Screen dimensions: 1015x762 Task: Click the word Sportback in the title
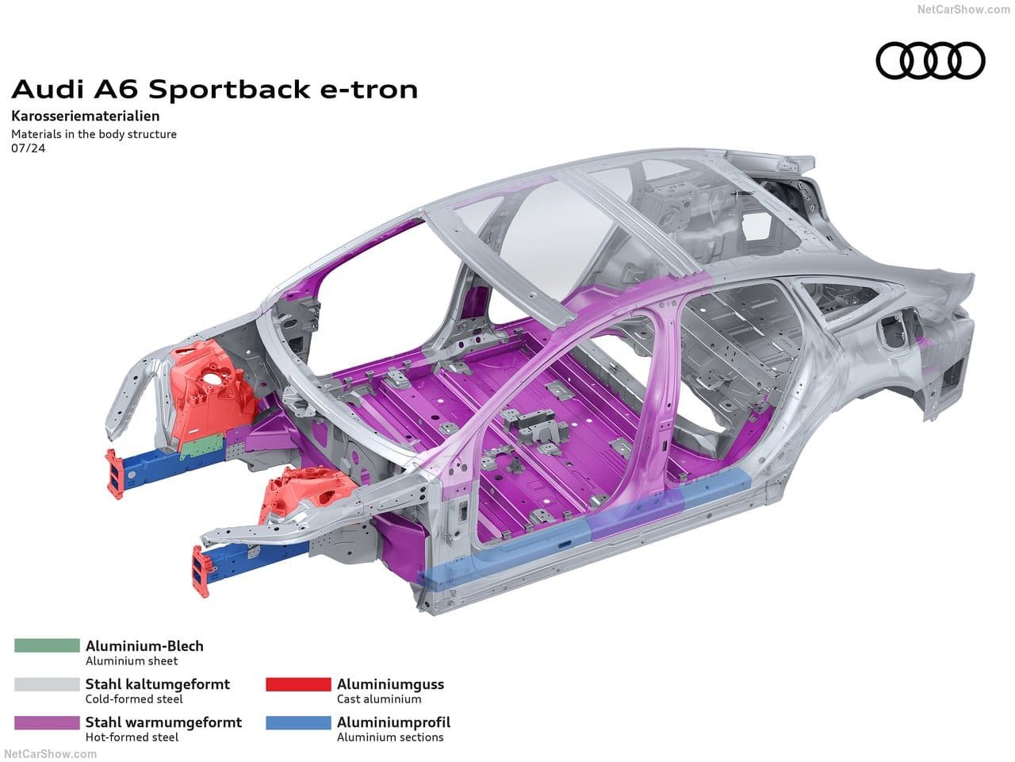pyautogui.click(x=229, y=90)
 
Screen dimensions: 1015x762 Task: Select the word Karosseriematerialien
pyautogui.click(x=86, y=116)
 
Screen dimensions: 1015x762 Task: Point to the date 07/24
pyautogui.click(x=29, y=148)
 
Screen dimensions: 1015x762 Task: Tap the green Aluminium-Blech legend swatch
pyautogui.click(x=47, y=645)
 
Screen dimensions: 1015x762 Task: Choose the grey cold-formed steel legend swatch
pyautogui.click(x=47, y=684)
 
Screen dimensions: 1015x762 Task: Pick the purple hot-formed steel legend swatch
pyautogui.click(x=47, y=722)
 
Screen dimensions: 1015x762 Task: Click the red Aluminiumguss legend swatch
pyautogui.click(x=298, y=684)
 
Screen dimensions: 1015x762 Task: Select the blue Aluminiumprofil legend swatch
pyautogui.click(x=298, y=722)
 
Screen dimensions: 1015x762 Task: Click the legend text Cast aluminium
pyautogui.click(x=379, y=699)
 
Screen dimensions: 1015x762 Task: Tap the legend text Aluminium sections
pyautogui.click(x=390, y=737)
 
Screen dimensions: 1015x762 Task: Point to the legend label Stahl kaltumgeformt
pyautogui.click(x=158, y=684)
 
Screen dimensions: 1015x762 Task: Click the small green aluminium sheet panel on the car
pyautogui.click(x=202, y=446)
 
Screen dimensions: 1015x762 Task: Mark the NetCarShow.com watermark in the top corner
pyautogui.click(x=964, y=10)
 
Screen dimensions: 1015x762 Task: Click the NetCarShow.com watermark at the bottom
pyautogui.click(x=50, y=754)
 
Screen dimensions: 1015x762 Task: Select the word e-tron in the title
pyautogui.click(x=369, y=90)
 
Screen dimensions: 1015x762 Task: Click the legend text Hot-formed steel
pyautogui.click(x=132, y=737)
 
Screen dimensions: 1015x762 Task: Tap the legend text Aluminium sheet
pyautogui.click(x=132, y=660)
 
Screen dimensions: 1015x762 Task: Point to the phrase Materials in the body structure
pyautogui.click(x=94, y=134)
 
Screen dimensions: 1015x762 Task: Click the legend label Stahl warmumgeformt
pyautogui.click(x=163, y=722)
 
